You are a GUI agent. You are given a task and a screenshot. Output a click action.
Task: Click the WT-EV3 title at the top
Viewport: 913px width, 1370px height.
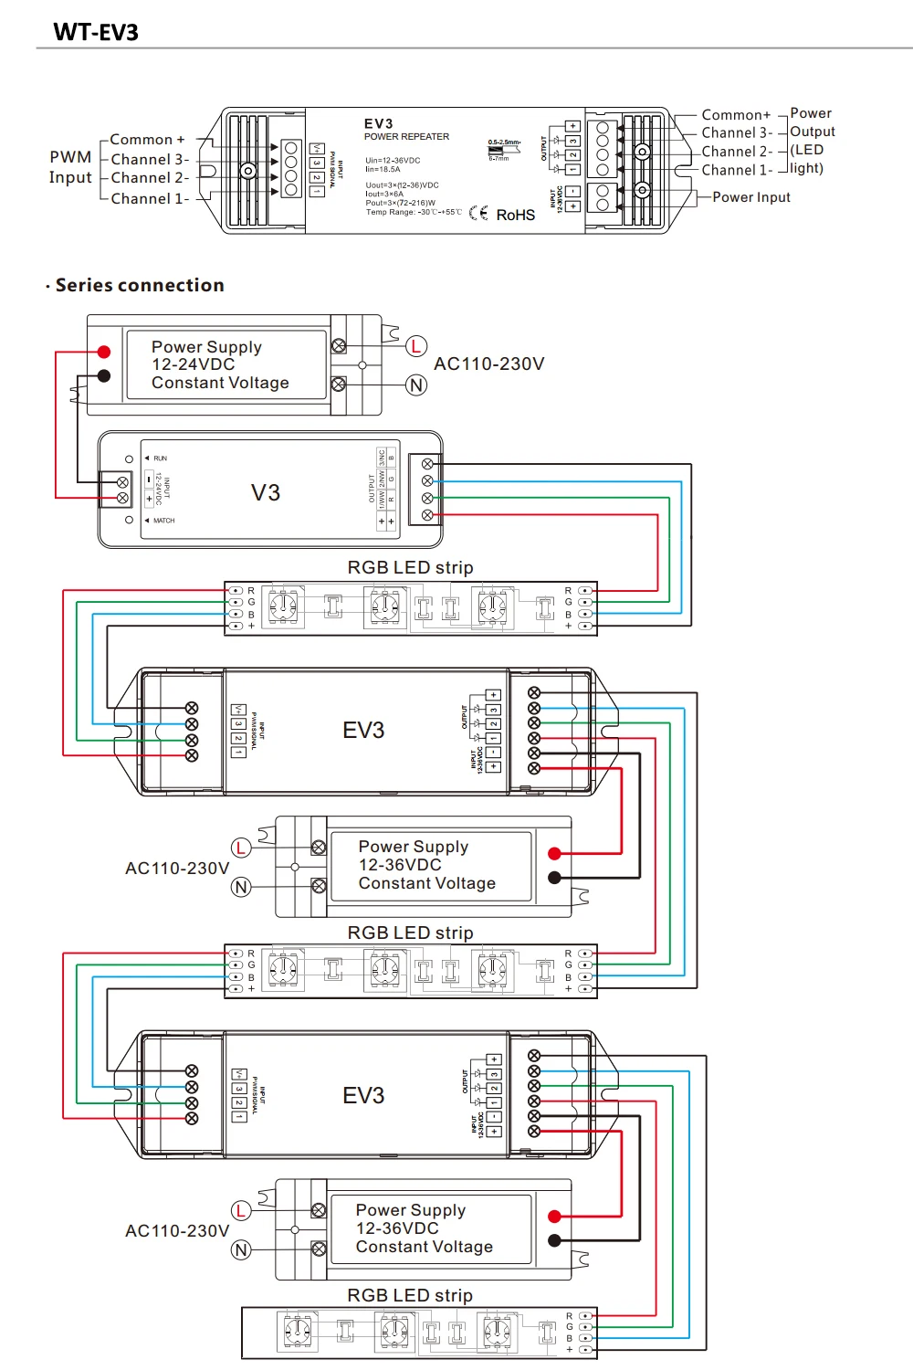pyautogui.click(x=96, y=32)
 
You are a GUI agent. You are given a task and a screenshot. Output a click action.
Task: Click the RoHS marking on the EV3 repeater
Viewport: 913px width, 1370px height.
pyautogui.click(x=515, y=215)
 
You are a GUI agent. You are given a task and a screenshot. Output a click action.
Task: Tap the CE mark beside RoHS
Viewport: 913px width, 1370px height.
pyautogui.click(x=478, y=213)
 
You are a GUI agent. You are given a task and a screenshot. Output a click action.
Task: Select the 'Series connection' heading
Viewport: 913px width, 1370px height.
pyautogui.click(x=139, y=285)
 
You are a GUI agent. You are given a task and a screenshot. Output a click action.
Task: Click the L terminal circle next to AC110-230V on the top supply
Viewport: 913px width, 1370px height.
pyautogui.click(x=416, y=346)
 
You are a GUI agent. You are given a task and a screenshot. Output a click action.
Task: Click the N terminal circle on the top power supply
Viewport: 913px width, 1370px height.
pyautogui.click(x=416, y=385)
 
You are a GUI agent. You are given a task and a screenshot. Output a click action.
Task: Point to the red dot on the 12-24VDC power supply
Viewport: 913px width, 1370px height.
pyautogui.click(x=104, y=352)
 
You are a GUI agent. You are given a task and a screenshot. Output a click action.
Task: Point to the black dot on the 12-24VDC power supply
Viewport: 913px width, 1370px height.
pyautogui.click(x=104, y=375)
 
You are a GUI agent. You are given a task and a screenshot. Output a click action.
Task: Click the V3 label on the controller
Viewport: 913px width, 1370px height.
pyautogui.click(x=266, y=493)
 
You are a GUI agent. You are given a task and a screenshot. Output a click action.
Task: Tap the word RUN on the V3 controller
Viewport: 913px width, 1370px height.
pyautogui.click(x=160, y=458)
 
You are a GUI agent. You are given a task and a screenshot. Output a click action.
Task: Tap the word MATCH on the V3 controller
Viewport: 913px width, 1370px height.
pyautogui.click(x=163, y=521)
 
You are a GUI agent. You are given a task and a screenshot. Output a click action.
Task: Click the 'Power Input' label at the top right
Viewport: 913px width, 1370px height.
pyautogui.click(x=750, y=197)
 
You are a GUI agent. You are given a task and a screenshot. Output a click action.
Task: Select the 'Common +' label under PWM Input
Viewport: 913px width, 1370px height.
pyautogui.click(x=147, y=140)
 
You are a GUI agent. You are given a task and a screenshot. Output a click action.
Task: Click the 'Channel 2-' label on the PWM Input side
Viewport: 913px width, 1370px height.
pyautogui.click(x=150, y=178)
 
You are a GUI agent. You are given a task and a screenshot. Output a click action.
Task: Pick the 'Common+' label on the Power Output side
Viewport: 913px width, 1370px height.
pyautogui.click(x=736, y=115)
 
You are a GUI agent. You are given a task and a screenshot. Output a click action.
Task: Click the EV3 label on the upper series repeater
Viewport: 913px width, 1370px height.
pyautogui.click(x=363, y=731)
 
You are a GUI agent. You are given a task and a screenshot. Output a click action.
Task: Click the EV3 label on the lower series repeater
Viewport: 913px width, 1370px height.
pyautogui.click(x=363, y=1096)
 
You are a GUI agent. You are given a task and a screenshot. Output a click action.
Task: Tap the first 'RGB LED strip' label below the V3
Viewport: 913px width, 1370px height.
pyautogui.click(x=410, y=567)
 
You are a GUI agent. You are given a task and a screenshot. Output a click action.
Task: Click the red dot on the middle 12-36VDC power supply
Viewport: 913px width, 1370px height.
pyautogui.click(x=554, y=854)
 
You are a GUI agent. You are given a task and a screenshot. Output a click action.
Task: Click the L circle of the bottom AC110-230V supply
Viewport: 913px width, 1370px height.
pyautogui.click(x=241, y=1210)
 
